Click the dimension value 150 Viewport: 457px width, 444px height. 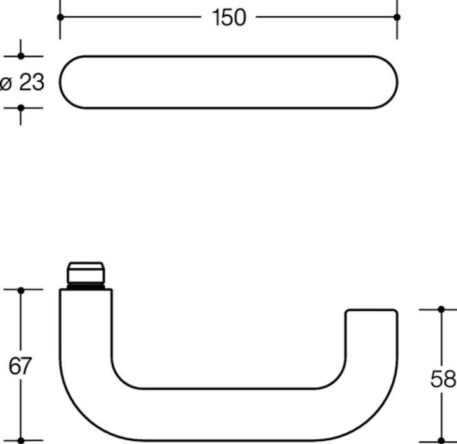[228, 17]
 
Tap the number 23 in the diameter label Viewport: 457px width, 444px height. [31, 82]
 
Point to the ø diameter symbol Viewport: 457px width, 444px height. [6, 82]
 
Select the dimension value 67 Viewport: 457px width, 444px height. [20, 366]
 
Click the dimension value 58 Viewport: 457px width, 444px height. [442, 379]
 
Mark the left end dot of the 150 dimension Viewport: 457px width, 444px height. [60, 17]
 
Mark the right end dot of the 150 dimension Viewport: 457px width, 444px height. [397, 17]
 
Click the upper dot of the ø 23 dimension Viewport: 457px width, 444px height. [20, 56]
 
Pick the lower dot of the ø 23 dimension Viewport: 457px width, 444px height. [20, 108]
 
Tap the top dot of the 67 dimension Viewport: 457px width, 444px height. [20, 290]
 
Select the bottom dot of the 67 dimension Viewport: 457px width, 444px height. [20, 440]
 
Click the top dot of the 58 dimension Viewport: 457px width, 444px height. [442, 310]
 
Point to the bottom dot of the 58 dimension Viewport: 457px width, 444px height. [442, 440]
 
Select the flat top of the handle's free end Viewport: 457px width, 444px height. [371, 311]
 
